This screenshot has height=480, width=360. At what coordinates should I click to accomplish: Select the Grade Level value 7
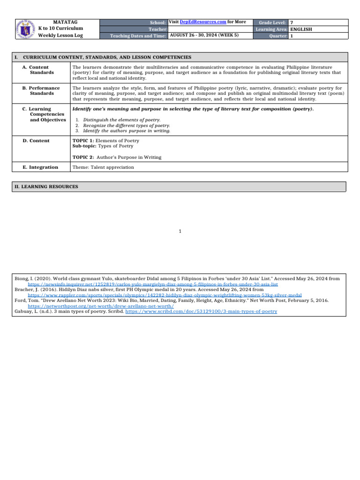pyautogui.click(x=292, y=22)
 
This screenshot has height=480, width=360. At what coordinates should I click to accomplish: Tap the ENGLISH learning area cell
pyautogui.click(x=301, y=29)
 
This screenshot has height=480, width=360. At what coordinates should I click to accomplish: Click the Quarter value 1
pyautogui.click(x=292, y=36)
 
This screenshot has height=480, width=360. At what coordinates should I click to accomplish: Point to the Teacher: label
pyautogui.click(x=158, y=29)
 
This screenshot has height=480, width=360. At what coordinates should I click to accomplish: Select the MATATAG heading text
pyautogui.click(x=65, y=22)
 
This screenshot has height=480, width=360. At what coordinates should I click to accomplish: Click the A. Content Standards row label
pyautogui.click(x=38, y=70)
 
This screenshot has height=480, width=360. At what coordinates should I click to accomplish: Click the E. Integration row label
pyautogui.click(x=40, y=167)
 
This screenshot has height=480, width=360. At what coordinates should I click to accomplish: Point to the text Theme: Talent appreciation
pyautogui.click(x=103, y=167)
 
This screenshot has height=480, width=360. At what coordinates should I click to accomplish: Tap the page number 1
pyautogui.click(x=180, y=231)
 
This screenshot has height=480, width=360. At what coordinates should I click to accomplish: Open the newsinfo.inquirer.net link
pyautogui.click(x=153, y=284)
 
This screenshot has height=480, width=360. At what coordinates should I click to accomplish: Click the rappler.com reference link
pyautogui.click(x=165, y=295)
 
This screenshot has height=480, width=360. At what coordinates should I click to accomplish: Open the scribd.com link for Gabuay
pyautogui.click(x=202, y=311)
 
